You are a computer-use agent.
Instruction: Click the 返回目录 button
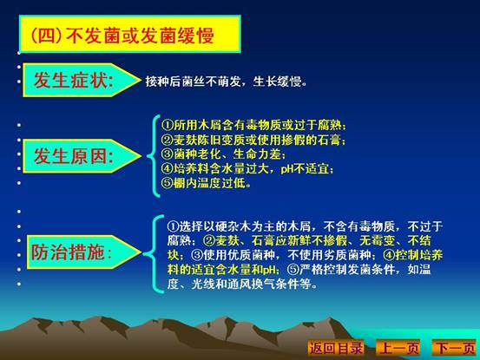click(336, 348)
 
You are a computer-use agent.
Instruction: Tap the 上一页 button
click(398, 348)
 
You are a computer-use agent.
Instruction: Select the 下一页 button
click(455, 348)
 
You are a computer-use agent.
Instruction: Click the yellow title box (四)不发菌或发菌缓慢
click(130, 34)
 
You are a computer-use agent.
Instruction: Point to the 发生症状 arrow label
click(82, 80)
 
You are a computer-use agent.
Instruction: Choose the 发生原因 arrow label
click(82, 156)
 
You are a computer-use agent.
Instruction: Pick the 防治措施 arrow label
click(83, 252)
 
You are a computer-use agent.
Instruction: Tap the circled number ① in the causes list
click(168, 126)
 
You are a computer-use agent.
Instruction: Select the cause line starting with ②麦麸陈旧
click(253, 140)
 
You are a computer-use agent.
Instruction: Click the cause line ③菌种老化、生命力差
click(223, 154)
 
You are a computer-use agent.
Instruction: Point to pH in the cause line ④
click(287, 169)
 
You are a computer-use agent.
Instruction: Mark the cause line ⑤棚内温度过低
click(206, 183)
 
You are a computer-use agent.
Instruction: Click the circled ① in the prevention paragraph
click(173, 226)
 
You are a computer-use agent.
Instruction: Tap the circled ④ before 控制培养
click(389, 255)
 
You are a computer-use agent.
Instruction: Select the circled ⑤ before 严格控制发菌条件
click(293, 270)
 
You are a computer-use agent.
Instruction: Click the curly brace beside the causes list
click(154, 156)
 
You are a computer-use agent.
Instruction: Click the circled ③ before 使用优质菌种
click(197, 255)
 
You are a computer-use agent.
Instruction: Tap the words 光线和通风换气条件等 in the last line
click(254, 285)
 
